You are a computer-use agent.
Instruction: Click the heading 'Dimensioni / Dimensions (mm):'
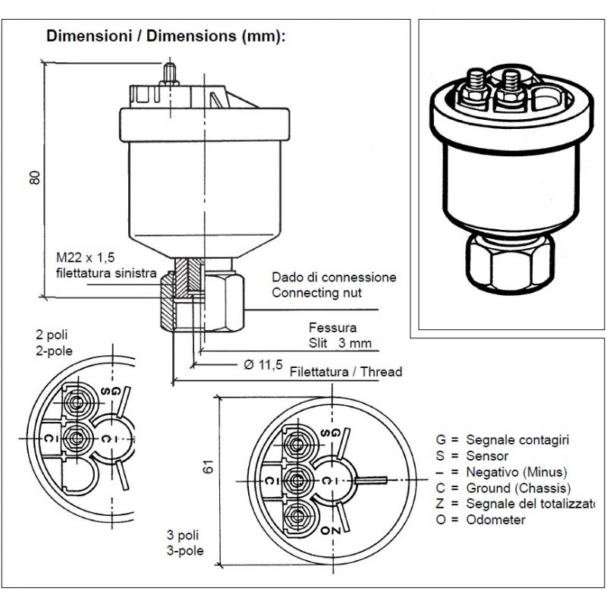coord(166,36)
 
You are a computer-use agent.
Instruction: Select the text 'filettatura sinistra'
coord(106,272)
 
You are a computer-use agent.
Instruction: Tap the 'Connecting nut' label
coord(316,292)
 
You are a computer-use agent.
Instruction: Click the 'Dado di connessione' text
coord(334,278)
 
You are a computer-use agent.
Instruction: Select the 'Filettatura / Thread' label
coord(346,372)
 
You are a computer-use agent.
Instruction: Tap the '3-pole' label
coord(185,551)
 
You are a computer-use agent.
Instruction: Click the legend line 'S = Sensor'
coord(471,456)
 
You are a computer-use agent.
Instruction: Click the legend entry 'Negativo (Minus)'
coord(502,472)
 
